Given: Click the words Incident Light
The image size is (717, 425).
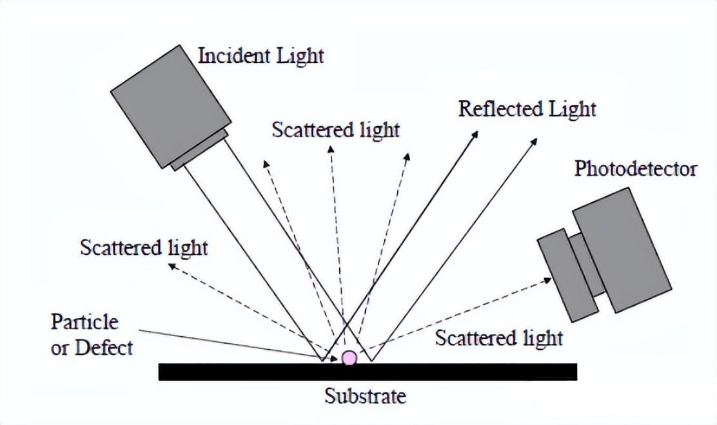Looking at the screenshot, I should (x=260, y=56).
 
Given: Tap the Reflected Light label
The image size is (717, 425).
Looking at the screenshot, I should (x=527, y=108).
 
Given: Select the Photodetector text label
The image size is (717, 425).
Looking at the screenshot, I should (x=635, y=169).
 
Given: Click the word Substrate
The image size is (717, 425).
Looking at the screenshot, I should (x=365, y=395).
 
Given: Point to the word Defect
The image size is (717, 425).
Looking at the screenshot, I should (x=104, y=348).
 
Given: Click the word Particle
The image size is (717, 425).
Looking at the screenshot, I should (x=85, y=321).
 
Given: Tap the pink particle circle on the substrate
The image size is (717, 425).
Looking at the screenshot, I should (x=349, y=357).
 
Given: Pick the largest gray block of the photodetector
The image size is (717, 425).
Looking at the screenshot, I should (x=622, y=249).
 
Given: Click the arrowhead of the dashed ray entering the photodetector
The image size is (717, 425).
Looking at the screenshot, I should (x=548, y=279).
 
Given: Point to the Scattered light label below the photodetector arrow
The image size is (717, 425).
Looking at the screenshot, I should (x=498, y=338).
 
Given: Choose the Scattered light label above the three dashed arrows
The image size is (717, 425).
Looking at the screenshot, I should (x=335, y=129).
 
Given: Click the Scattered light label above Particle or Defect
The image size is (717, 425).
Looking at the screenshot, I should (x=144, y=247).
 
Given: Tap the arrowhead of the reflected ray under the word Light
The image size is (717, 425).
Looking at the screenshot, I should (x=535, y=140).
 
